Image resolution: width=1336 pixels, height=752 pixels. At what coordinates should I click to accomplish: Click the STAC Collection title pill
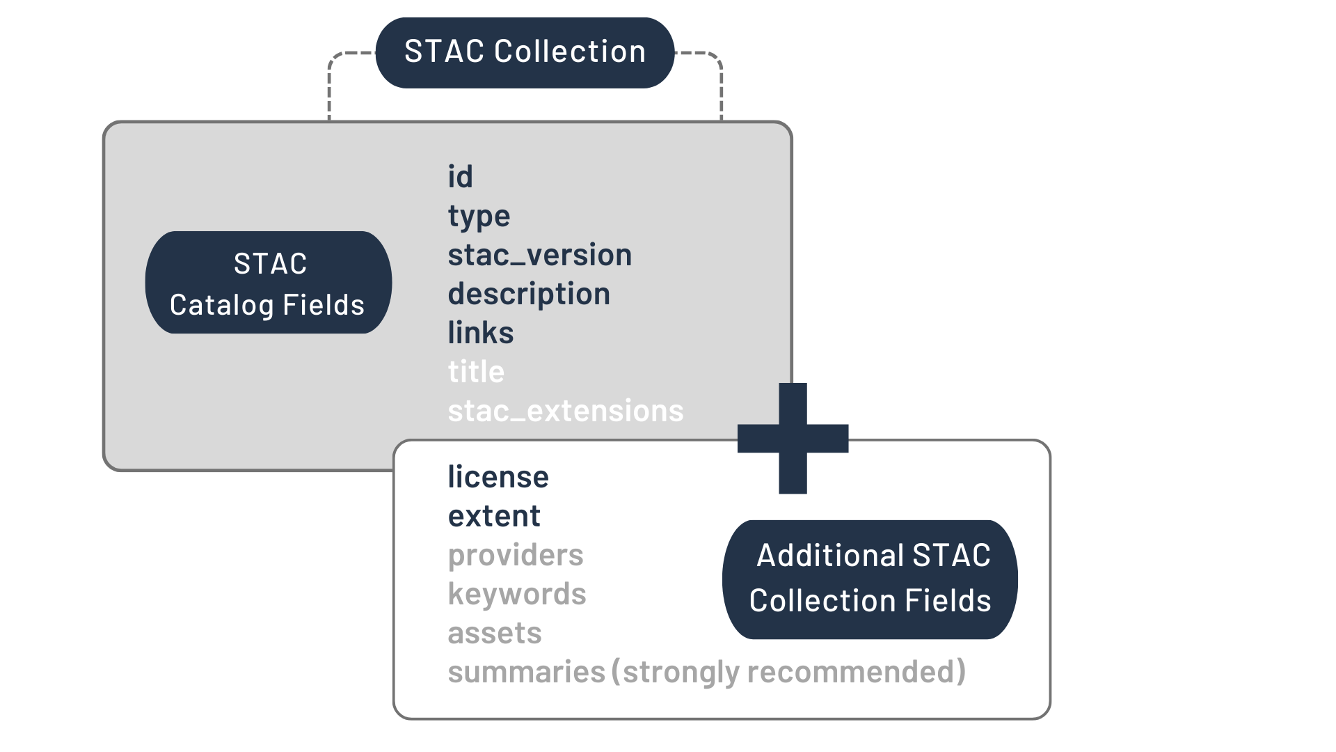(x=525, y=53)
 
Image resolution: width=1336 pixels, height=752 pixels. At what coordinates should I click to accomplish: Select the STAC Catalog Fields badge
(x=268, y=283)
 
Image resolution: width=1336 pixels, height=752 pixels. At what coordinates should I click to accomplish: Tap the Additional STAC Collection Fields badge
(x=870, y=579)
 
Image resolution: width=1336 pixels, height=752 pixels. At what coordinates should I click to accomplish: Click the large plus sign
(x=793, y=439)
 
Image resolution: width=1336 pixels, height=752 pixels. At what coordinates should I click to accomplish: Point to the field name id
(x=460, y=177)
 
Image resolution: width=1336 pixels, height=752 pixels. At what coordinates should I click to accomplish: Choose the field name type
(x=479, y=217)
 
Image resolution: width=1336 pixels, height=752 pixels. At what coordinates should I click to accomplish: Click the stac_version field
(x=539, y=255)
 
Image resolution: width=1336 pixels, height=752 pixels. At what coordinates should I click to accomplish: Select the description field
(x=529, y=294)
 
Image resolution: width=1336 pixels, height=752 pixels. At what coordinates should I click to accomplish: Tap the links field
(x=480, y=333)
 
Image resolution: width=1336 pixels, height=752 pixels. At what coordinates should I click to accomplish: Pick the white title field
(x=476, y=372)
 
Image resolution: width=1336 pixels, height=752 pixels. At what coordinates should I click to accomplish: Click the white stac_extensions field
(x=565, y=411)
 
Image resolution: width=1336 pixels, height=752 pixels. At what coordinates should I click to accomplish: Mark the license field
(x=498, y=477)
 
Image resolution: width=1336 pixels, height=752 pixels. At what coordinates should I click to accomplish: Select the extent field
(x=494, y=516)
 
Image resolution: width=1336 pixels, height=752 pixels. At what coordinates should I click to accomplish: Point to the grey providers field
(x=516, y=555)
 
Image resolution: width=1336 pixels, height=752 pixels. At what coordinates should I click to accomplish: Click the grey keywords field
(x=517, y=594)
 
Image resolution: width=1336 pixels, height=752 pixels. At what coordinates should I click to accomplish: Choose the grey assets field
(x=494, y=633)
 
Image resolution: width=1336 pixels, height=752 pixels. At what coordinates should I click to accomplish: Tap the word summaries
(x=526, y=672)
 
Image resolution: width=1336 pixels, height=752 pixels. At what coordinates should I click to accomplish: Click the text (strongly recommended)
(x=788, y=672)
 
